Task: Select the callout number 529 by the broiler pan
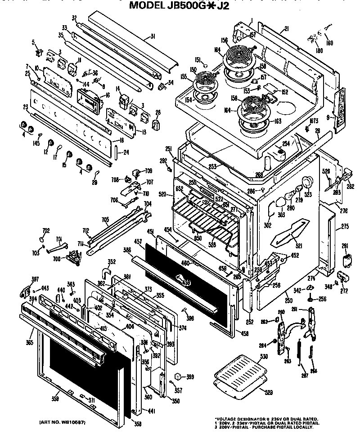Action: click(268, 393)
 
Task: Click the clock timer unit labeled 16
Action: click(90, 99)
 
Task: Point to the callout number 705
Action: click(105, 220)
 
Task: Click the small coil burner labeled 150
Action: click(202, 81)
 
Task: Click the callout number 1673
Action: click(314, 121)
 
